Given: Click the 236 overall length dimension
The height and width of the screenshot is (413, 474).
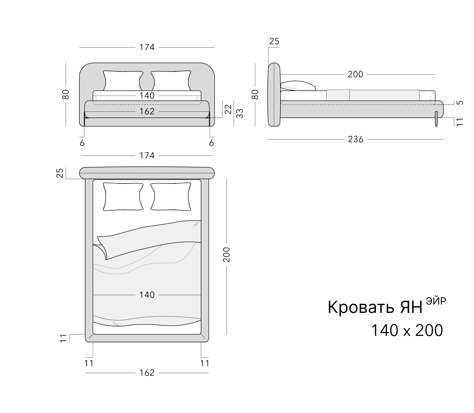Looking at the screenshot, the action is [356, 139].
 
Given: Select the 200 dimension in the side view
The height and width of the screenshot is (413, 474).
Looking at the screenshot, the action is [356, 74].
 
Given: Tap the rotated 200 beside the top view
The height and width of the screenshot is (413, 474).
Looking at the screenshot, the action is [227, 254].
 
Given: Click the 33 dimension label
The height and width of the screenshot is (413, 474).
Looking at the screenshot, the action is [239, 113].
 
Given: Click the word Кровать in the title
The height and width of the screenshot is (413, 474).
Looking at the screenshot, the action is [360, 307].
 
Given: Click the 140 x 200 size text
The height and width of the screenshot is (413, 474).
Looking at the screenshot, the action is [407, 330].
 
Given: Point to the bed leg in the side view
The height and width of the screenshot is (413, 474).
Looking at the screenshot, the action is [437, 119].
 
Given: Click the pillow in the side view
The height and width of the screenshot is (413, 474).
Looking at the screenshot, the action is [298, 86].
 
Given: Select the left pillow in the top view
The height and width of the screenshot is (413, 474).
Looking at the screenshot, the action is [123, 197].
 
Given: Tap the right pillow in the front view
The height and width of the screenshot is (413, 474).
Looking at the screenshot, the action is [171, 81].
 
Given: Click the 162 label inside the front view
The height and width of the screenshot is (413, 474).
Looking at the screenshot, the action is [147, 111].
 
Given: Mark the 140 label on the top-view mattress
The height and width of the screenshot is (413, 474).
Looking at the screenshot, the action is [147, 295].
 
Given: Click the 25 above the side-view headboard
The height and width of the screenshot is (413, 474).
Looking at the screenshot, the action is [274, 41].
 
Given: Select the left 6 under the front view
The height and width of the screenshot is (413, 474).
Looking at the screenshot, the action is [82, 143].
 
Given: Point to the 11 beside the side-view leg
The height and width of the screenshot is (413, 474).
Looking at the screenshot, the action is [460, 122].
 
